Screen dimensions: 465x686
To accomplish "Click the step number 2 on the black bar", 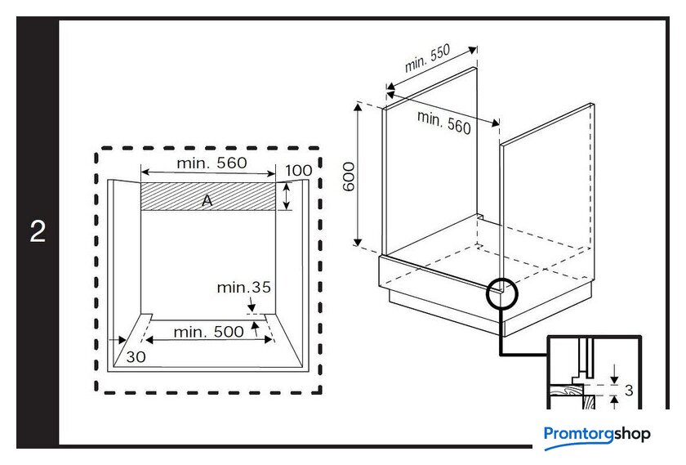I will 38,231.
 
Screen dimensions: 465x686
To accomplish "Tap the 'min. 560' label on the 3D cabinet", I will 444,123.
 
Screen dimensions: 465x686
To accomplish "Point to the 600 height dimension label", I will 349,176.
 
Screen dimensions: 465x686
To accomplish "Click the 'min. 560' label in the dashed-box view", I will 212,163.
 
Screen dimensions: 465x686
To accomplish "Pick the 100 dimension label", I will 299,170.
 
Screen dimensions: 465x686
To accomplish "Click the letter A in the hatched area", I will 207,199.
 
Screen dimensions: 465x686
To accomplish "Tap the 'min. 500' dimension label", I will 208,331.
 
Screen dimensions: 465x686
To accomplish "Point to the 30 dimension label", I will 136,356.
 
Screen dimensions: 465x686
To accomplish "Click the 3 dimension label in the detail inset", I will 628,390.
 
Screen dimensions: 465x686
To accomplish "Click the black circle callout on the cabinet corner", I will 501,292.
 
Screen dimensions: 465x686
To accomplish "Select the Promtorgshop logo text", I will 597,434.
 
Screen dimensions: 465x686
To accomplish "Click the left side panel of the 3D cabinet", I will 430,163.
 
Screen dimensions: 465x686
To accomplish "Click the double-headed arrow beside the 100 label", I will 286,197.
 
